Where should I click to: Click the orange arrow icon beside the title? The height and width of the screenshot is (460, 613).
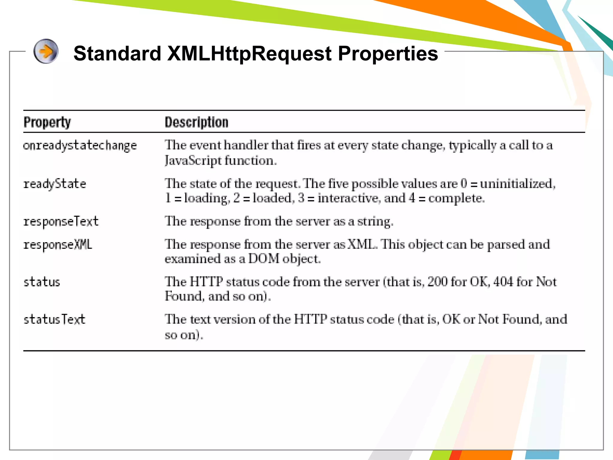click(x=46, y=52)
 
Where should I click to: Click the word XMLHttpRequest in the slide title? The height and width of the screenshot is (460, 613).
click(x=249, y=54)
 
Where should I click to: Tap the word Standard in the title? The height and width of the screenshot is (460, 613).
click(x=117, y=54)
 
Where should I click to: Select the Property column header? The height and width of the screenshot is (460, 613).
click(x=47, y=122)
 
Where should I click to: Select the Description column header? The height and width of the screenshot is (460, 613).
click(x=196, y=122)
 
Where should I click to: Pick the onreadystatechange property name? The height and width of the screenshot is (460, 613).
click(x=80, y=146)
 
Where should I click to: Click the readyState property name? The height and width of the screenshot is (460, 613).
click(x=55, y=184)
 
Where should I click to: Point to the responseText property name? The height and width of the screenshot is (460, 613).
click(x=61, y=222)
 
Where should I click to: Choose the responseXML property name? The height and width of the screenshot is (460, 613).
click(x=58, y=245)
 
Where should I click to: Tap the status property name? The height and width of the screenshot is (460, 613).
click(x=42, y=282)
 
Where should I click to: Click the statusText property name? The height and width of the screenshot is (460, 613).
click(x=54, y=320)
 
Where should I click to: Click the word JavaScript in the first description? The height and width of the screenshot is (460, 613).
click(x=193, y=161)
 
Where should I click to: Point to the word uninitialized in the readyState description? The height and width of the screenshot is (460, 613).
click(x=517, y=184)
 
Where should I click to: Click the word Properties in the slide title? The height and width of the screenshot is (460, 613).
click(x=388, y=54)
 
